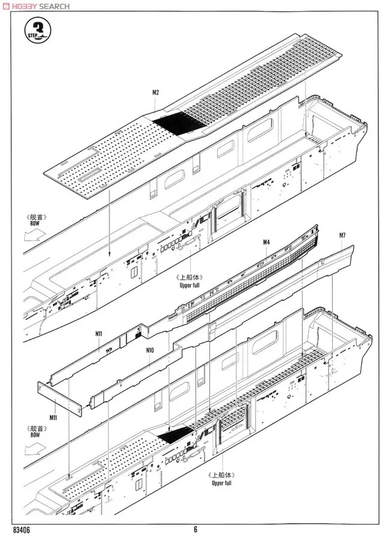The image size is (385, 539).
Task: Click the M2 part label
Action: point(155,92)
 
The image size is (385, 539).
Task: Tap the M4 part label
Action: point(266,242)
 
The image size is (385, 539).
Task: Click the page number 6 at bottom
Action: point(196,530)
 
